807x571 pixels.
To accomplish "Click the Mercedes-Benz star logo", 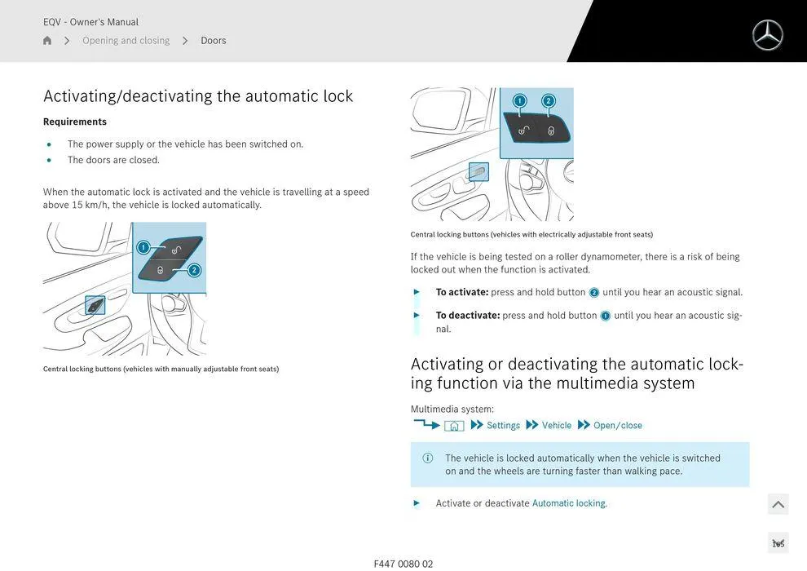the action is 767,35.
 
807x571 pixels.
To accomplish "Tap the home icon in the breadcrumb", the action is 47,40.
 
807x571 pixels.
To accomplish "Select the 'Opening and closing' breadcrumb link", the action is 126,40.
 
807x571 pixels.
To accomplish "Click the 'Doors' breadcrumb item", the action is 213,40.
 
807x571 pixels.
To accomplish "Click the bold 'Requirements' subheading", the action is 75,122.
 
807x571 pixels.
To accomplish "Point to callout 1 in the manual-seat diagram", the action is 143,248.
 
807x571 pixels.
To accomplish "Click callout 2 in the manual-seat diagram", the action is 194,270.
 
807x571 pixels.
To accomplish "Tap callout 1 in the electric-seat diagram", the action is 519,100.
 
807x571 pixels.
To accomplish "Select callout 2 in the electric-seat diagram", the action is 548,100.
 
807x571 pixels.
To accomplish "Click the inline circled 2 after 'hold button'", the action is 594,293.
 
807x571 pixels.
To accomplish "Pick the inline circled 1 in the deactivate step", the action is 605,316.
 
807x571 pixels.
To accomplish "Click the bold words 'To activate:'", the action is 462,292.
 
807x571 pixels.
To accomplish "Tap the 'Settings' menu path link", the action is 503,425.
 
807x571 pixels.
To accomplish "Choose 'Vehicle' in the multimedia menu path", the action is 557,425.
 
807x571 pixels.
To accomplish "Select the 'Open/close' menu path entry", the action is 618,425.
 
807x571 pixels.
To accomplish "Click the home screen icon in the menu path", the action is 454,426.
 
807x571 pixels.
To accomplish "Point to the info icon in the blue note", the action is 428,458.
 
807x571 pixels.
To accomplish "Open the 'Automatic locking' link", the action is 569,503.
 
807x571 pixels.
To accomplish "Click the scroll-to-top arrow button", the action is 778,504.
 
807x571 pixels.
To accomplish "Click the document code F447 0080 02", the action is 403,564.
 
